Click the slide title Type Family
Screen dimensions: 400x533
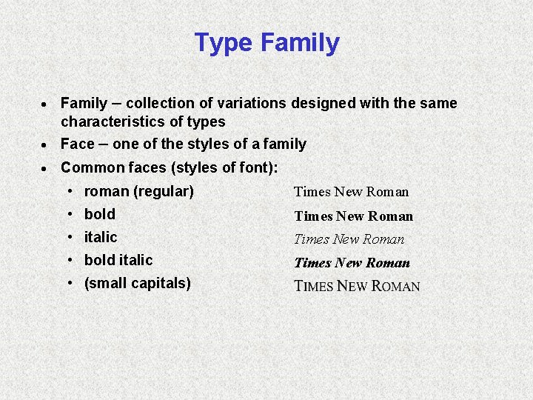click(266, 43)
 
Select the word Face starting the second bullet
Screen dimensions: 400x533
click(78, 144)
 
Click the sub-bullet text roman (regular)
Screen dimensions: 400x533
click(138, 191)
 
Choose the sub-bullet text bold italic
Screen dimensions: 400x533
click(118, 260)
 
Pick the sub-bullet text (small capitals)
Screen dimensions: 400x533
click(138, 283)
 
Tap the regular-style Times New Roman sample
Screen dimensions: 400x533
click(351, 192)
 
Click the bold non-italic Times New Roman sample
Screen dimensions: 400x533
click(353, 216)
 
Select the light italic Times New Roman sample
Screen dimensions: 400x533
click(349, 239)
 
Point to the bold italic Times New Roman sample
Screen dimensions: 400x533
click(352, 263)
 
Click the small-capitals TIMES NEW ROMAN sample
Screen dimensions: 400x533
click(357, 287)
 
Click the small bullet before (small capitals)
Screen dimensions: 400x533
click(69, 283)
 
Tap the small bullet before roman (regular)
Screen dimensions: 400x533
click(69, 191)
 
